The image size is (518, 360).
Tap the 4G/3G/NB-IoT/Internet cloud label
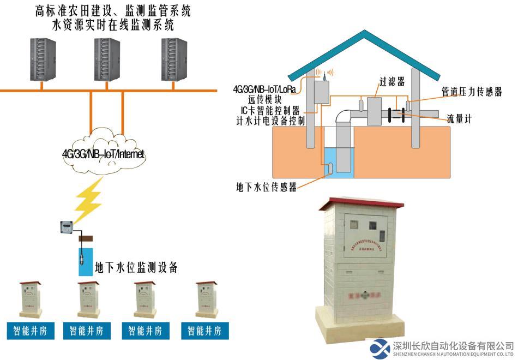click(x=104, y=154)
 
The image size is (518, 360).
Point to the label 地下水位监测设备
click(x=136, y=268)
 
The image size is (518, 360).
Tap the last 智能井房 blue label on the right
click(x=204, y=331)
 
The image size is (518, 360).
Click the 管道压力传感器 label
click(x=471, y=92)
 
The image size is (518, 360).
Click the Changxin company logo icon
click(x=380, y=349)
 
